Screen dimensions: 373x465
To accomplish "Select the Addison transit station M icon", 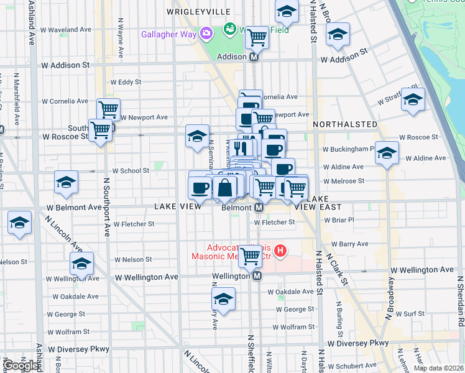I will [x=254, y=57].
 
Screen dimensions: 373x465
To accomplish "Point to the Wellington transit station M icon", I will [x=256, y=276].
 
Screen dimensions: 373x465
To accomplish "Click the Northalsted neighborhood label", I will [x=345, y=124].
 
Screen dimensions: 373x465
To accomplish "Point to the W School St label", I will [x=131, y=170].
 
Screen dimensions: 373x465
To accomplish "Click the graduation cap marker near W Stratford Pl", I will [x=413, y=99].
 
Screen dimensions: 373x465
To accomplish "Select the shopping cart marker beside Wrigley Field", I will [x=257, y=37].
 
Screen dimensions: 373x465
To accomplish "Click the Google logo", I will [x=21, y=366].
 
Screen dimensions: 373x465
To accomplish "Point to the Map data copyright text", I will [x=438, y=368].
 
